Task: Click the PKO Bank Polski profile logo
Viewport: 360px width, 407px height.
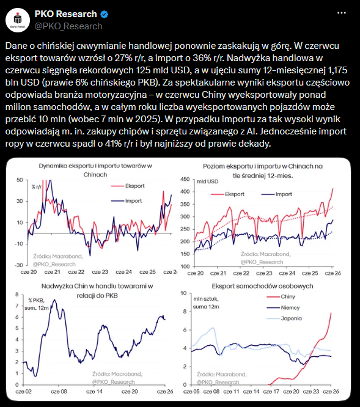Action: tap(18, 20)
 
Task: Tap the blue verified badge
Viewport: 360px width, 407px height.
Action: tap(104, 14)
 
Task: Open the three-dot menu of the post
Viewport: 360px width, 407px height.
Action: tap(341, 13)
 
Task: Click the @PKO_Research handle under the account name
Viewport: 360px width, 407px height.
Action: tap(68, 26)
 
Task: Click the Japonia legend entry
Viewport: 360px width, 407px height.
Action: tap(284, 318)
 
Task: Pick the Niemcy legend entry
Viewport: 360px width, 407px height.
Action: tap(283, 307)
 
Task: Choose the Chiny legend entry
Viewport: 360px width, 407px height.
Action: tap(281, 296)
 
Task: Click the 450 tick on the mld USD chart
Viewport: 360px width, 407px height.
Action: tap(185, 179)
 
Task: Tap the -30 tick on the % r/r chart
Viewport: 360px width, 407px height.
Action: tap(18, 265)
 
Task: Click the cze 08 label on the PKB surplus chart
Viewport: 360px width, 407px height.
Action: tap(59, 392)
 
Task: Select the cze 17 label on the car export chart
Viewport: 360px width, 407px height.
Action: tap(271, 392)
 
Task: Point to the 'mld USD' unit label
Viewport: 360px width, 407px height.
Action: tap(208, 182)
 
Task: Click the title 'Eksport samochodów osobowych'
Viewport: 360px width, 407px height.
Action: tap(262, 286)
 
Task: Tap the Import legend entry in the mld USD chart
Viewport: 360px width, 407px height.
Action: tap(277, 194)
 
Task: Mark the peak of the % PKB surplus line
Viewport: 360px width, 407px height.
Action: tap(54, 300)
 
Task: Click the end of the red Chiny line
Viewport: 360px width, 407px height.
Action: tap(331, 313)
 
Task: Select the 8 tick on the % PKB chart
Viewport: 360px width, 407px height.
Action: tap(17, 295)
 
